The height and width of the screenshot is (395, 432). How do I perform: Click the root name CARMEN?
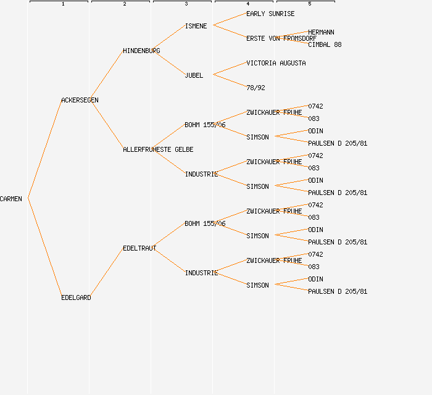(x=11, y=199)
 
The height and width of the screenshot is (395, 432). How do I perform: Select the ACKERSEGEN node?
(x=80, y=100)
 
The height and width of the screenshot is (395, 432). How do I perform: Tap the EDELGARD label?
(x=76, y=297)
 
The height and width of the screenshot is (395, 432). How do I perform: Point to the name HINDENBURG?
(x=141, y=51)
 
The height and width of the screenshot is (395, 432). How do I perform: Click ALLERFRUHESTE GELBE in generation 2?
(x=158, y=149)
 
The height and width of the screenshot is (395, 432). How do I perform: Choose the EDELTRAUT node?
(x=139, y=248)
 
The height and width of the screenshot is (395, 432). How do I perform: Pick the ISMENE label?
(x=196, y=26)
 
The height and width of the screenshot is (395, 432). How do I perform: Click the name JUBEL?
(x=194, y=75)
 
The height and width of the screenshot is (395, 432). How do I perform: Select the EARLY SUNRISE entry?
(x=270, y=14)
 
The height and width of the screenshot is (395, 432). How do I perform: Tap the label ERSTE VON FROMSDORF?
(x=281, y=38)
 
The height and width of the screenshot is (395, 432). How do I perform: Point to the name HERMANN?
(x=321, y=32)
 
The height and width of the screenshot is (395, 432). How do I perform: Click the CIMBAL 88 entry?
(x=325, y=44)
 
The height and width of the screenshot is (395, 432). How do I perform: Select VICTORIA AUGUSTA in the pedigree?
(x=276, y=63)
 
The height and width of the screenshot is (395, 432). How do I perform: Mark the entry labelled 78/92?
(x=255, y=88)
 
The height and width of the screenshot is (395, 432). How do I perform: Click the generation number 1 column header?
(x=63, y=4)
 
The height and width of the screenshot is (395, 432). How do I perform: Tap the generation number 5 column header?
(x=310, y=4)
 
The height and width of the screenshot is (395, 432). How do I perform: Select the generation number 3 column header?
(x=186, y=4)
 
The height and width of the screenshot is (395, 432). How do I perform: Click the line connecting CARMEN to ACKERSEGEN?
(x=44, y=149)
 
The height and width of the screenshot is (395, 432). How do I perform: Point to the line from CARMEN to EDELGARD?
(x=44, y=247)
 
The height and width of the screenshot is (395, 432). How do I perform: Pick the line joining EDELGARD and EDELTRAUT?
(x=106, y=273)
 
